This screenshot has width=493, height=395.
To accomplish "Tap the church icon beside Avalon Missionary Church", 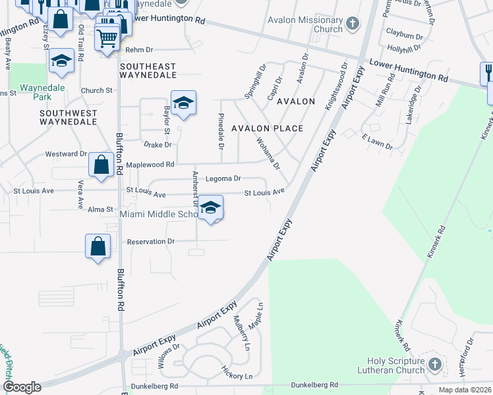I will pyautogui.click(x=353, y=24).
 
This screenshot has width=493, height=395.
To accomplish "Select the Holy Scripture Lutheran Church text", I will pyautogui.click(x=396, y=365).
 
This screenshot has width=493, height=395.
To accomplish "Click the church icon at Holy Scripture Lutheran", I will pyautogui.click(x=434, y=364).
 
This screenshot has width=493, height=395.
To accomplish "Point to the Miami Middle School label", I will pyautogui.click(x=159, y=215).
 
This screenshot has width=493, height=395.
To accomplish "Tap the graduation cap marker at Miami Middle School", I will pyautogui.click(x=210, y=208).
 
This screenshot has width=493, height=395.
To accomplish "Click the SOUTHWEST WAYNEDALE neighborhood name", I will pyautogui.click(x=68, y=118).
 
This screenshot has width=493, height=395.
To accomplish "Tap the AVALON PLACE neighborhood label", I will pyautogui.click(x=266, y=128).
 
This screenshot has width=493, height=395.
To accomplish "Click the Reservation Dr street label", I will pyautogui.click(x=152, y=242).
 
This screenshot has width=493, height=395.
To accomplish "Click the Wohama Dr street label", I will pyautogui.click(x=268, y=152).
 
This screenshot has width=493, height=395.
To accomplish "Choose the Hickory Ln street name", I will pyautogui.click(x=237, y=376).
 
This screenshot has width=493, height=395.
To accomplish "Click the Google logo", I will pyautogui.click(x=22, y=387).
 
